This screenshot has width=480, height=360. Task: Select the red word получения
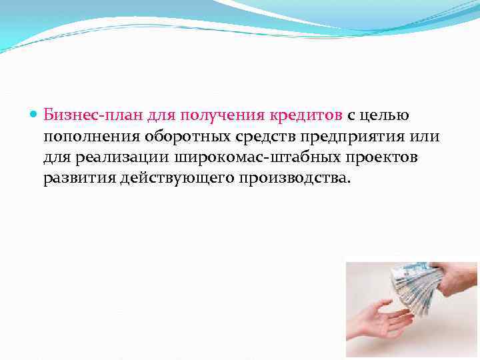[213, 115]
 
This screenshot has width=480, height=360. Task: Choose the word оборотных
[185, 137]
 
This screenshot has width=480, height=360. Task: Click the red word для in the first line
[151, 115]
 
